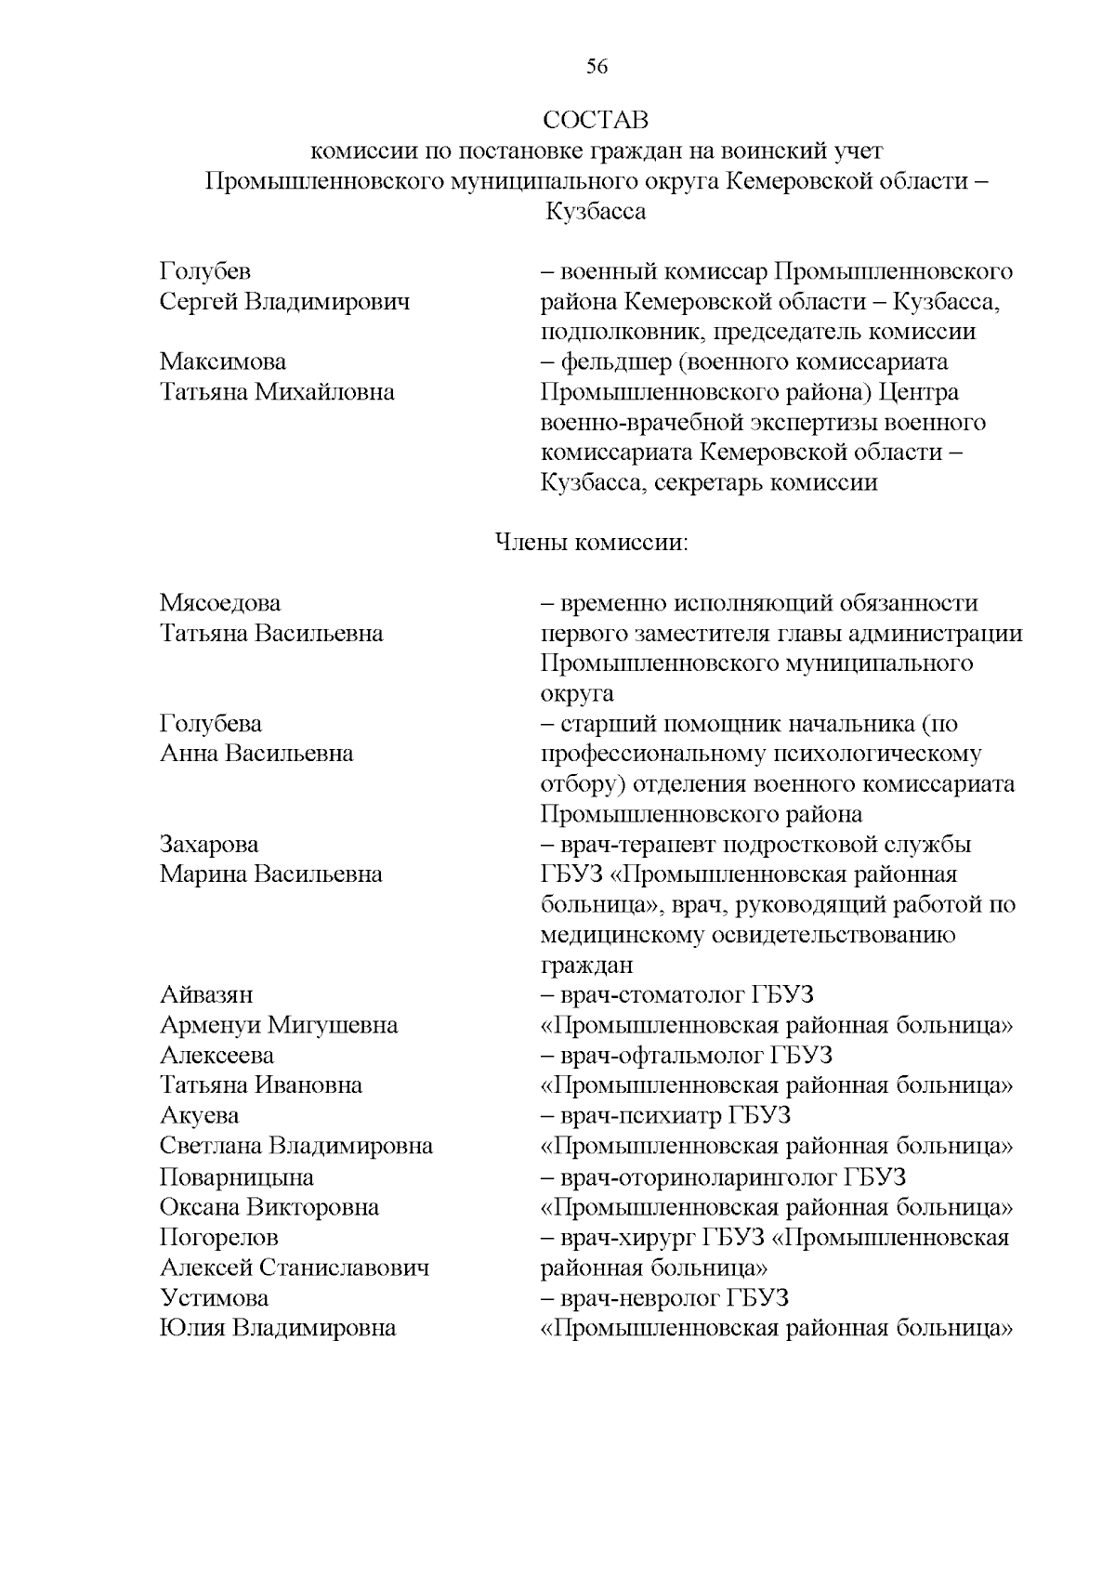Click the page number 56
click(597, 67)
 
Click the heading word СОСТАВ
click(596, 121)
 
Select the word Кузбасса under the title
click(596, 212)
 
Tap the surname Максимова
click(223, 361)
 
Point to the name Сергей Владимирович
click(284, 302)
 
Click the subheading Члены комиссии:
click(591, 542)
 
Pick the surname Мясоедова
click(220, 603)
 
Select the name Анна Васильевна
click(256, 754)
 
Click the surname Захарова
click(209, 845)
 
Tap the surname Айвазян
click(206, 995)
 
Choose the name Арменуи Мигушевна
click(279, 1025)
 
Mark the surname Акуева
click(199, 1116)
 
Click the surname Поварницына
click(236, 1177)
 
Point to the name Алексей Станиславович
click(295, 1268)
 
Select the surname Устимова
click(214, 1298)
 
